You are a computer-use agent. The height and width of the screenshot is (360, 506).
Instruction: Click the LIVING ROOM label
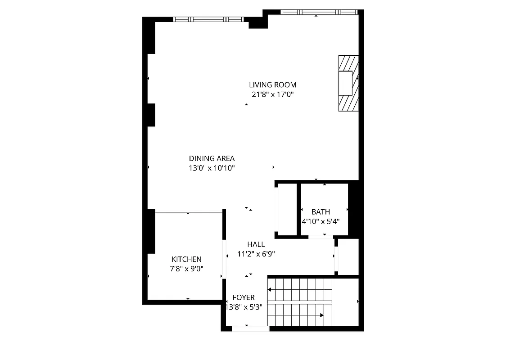click(273, 85)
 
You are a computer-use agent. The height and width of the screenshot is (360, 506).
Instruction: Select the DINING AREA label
click(212, 158)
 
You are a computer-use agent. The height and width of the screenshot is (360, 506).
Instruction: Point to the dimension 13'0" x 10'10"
click(212, 168)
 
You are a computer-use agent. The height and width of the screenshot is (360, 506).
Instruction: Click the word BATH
click(321, 211)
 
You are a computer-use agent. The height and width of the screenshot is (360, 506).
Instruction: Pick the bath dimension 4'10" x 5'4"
click(321, 221)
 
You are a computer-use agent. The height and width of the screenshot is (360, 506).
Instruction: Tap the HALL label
click(256, 244)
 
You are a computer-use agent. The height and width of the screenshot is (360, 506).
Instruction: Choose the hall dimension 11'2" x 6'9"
click(256, 254)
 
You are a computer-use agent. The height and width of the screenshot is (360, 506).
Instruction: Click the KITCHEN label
click(186, 259)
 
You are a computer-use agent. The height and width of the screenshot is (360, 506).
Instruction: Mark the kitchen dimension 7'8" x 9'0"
click(186, 269)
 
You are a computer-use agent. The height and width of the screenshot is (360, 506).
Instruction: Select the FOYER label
click(244, 297)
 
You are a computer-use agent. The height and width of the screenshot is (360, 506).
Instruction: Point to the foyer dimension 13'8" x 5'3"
click(244, 307)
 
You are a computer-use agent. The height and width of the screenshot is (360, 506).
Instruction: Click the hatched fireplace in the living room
click(348, 83)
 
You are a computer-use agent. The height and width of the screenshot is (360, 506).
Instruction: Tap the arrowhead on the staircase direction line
click(321, 315)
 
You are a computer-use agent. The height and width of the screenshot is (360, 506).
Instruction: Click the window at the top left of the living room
click(208, 19)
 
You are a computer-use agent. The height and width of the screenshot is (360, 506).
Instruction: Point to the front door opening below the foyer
click(250, 328)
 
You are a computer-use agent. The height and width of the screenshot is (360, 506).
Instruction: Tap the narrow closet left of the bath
click(287, 209)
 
